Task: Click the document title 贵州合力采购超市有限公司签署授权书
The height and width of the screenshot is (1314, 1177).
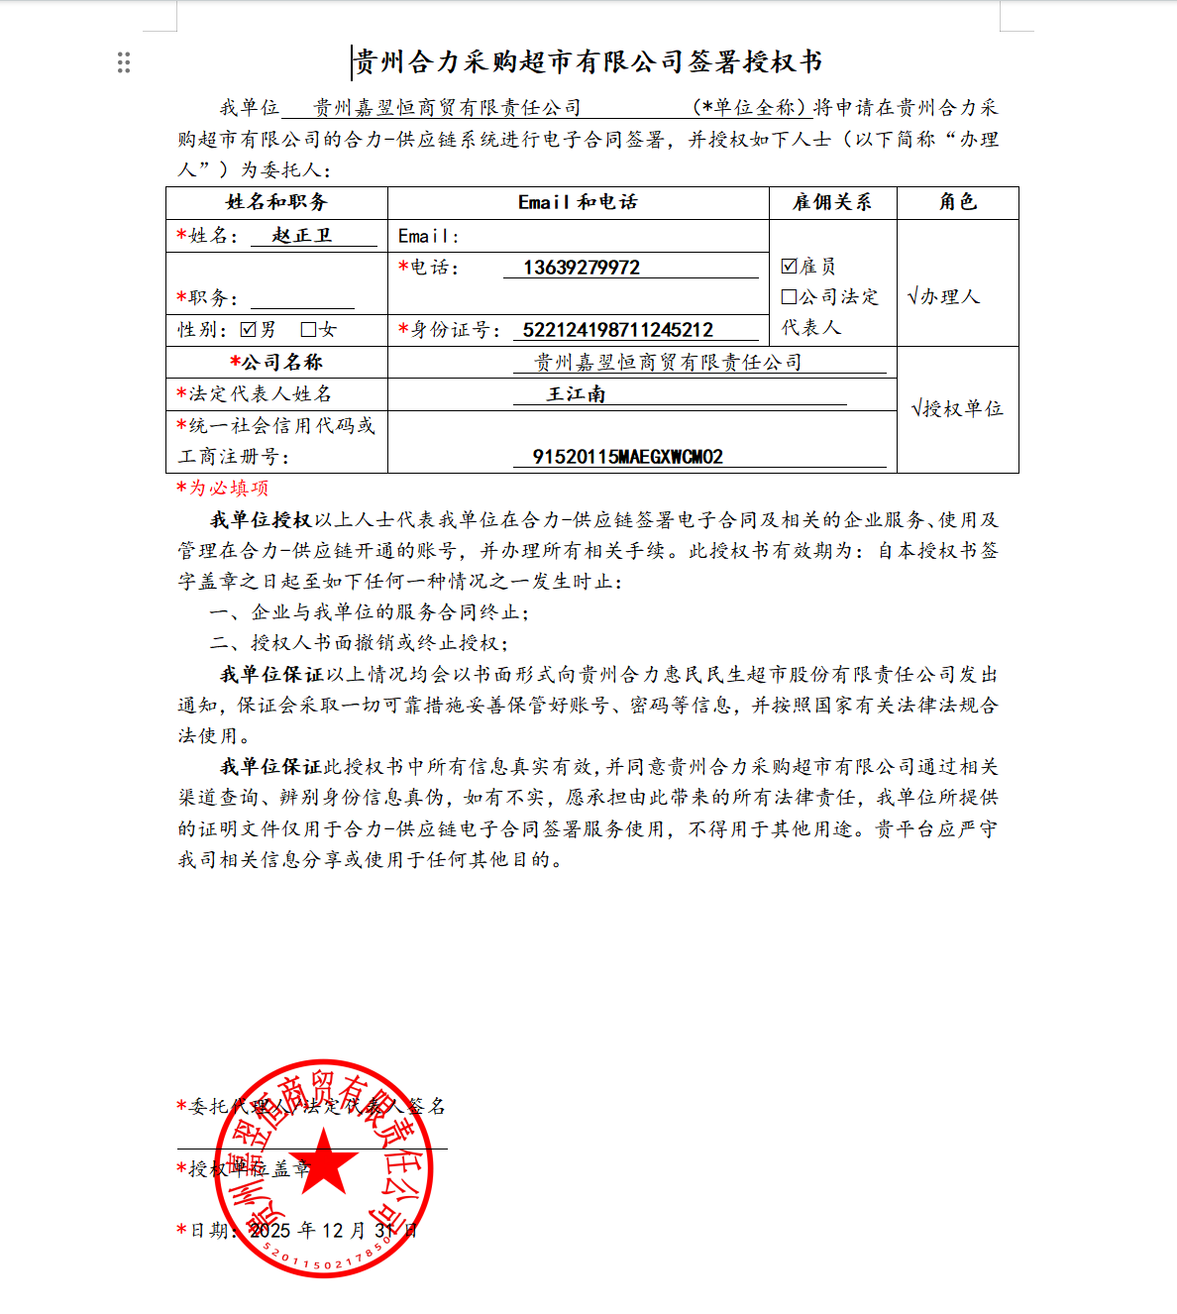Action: coord(588,62)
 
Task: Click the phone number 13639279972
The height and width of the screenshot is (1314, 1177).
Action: coord(582,268)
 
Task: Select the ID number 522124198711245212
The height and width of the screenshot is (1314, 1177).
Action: coord(618,330)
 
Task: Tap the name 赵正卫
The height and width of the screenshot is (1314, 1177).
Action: coord(302,236)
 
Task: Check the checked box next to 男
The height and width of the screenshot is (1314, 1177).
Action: coord(249,329)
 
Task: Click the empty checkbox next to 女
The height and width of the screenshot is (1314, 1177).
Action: coord(308,329)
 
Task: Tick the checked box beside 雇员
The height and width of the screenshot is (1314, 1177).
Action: coord(789,266)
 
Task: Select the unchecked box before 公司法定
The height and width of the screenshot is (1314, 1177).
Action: coord(789,296)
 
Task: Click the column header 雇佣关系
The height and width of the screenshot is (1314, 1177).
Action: coord(832,202)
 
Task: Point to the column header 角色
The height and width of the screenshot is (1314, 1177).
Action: coord(957,202)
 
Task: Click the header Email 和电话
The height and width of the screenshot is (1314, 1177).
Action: coord(578,202)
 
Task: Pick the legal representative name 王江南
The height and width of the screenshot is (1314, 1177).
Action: coord(577,394)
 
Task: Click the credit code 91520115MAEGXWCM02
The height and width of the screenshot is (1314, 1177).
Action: coord(628,457)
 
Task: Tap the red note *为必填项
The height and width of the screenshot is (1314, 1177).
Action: coord(223,488)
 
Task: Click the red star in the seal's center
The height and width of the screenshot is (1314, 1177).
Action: coord(324,1161)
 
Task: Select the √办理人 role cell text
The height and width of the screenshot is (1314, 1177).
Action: coord(943,296)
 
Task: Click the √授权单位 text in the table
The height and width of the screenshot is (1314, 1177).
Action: coord(957,408)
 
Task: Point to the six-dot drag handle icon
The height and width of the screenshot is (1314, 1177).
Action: coord(124,63)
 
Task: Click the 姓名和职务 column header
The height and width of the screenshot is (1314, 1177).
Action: coord(276,202)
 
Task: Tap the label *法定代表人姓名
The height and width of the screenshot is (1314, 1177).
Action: coord(255,394)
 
